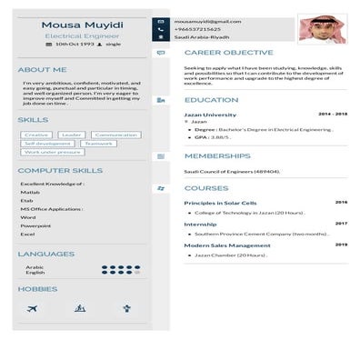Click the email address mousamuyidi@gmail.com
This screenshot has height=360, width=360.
[207, 20]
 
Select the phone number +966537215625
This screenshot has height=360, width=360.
[197, 29]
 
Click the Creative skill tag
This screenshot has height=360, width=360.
[36, 135]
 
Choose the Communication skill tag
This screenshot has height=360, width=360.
[116, 135]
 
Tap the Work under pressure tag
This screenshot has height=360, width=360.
[53, 152]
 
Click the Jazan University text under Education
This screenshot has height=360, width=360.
[210, 115]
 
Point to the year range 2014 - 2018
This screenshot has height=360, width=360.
[333, 115]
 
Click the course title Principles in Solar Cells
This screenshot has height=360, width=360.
[221, 203]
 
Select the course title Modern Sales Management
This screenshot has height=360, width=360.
[227, 245]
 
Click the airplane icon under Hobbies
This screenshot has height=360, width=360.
[33, 309]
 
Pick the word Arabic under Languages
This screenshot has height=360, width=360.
[35, 266]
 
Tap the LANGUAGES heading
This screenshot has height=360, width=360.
[46, 254]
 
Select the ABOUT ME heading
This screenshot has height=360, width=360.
[42, 69]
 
